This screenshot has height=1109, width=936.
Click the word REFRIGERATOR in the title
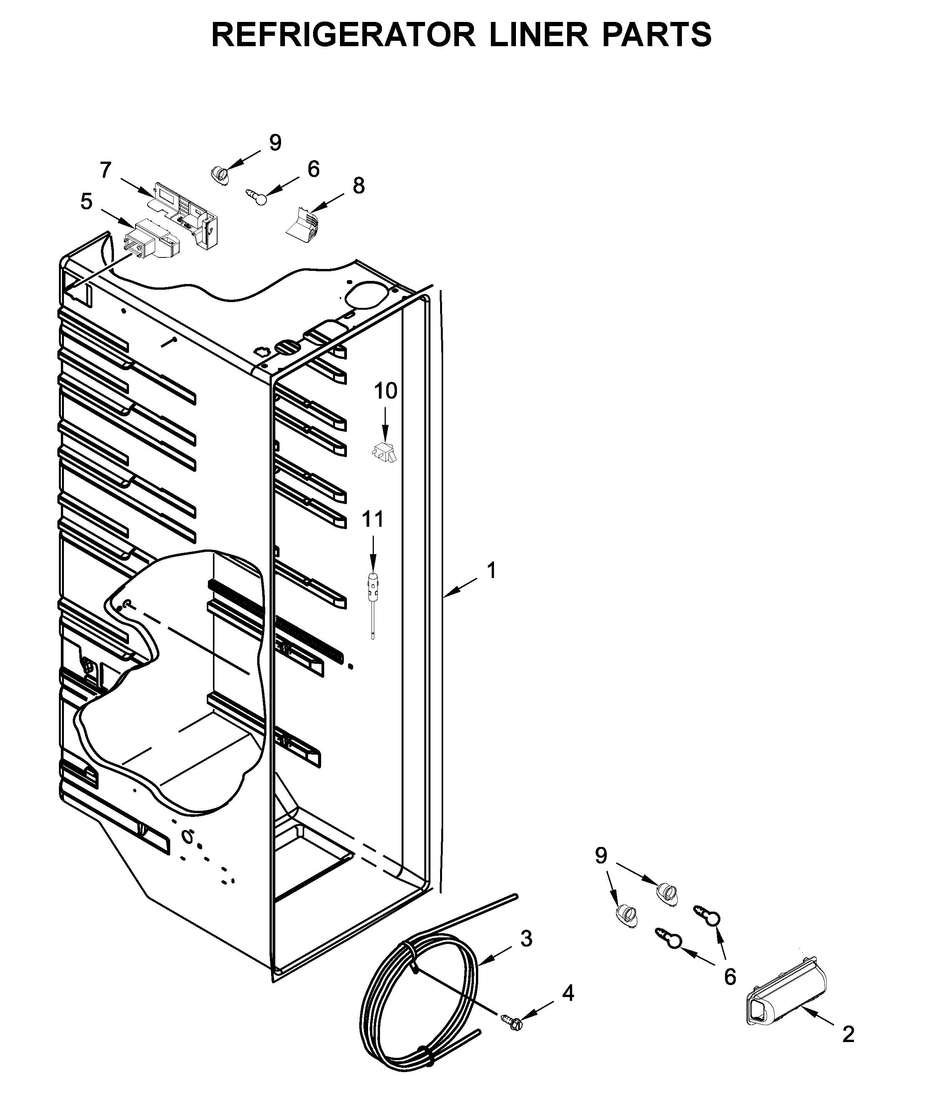343,35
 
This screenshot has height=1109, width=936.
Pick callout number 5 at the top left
86,202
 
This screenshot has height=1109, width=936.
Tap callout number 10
385,391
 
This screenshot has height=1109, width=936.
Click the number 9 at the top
275,143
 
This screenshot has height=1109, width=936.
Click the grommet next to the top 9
218,174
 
